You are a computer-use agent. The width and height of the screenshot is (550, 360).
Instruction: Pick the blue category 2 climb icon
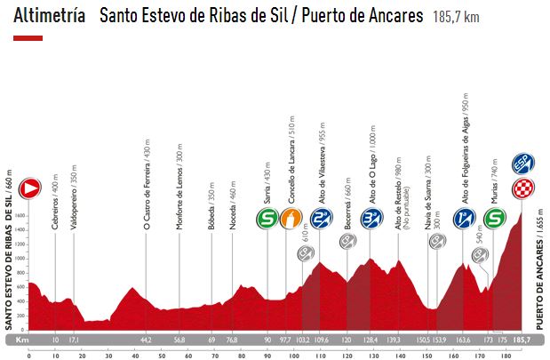pos(321,218)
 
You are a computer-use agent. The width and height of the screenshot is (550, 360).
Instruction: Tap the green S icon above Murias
pos(497,218)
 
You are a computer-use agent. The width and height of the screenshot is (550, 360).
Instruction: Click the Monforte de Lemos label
pos(179,188)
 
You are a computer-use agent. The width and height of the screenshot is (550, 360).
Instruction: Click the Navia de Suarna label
pos(428,196)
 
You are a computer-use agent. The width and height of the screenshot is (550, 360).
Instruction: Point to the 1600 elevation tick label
pos(20,216)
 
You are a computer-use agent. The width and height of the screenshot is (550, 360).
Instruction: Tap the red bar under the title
pos(28,39)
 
